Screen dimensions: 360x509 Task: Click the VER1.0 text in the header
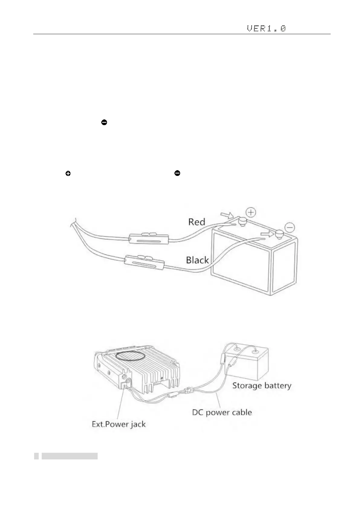(x=266, y=29)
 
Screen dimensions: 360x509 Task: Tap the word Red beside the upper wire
(x=196, y=222)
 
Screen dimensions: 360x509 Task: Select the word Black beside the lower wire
(x=197, y=260)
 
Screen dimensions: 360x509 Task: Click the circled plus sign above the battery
(x=251, y=212)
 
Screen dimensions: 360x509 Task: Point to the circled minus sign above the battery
(x=290, y=227)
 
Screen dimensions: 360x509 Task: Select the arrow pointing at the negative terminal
(x=267, y=234)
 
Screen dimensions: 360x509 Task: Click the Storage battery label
(x=261, y=385)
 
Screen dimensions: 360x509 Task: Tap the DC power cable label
(x=222, y=412)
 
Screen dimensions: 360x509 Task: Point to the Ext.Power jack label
(x=118, y=424)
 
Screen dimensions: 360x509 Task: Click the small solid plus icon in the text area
(x=68, y=173)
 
